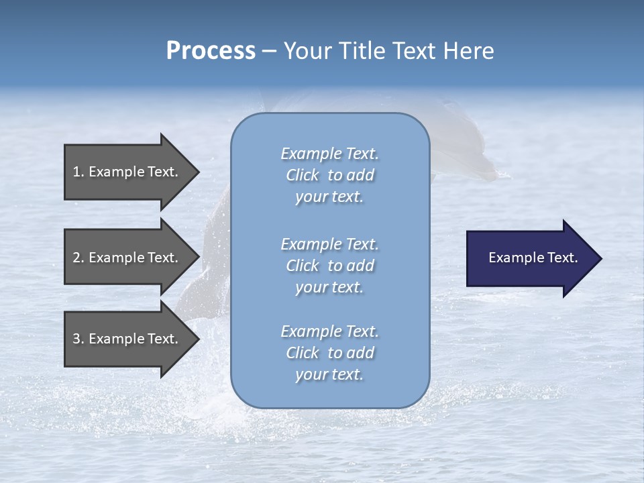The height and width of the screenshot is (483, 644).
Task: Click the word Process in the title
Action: tap(211, 51)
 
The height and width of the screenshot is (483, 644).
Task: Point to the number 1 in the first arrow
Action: tap(76, 172)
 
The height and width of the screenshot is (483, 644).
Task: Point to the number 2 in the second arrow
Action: tap(76, 258)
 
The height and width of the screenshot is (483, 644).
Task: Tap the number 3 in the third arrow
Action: tap(76, 339)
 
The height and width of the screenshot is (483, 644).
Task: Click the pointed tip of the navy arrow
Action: tap(599, 258)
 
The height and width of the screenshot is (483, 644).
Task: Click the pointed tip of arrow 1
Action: tap(197, 172)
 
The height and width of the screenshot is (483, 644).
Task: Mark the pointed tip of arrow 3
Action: tap(197, 339)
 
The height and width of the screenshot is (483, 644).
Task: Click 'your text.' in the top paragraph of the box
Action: tap(329, 197)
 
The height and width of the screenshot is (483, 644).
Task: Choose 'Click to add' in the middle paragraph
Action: tap(329, 266)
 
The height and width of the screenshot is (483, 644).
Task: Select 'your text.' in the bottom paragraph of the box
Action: tap(329, 375)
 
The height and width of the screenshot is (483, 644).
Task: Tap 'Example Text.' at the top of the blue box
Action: tap(329, 154)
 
